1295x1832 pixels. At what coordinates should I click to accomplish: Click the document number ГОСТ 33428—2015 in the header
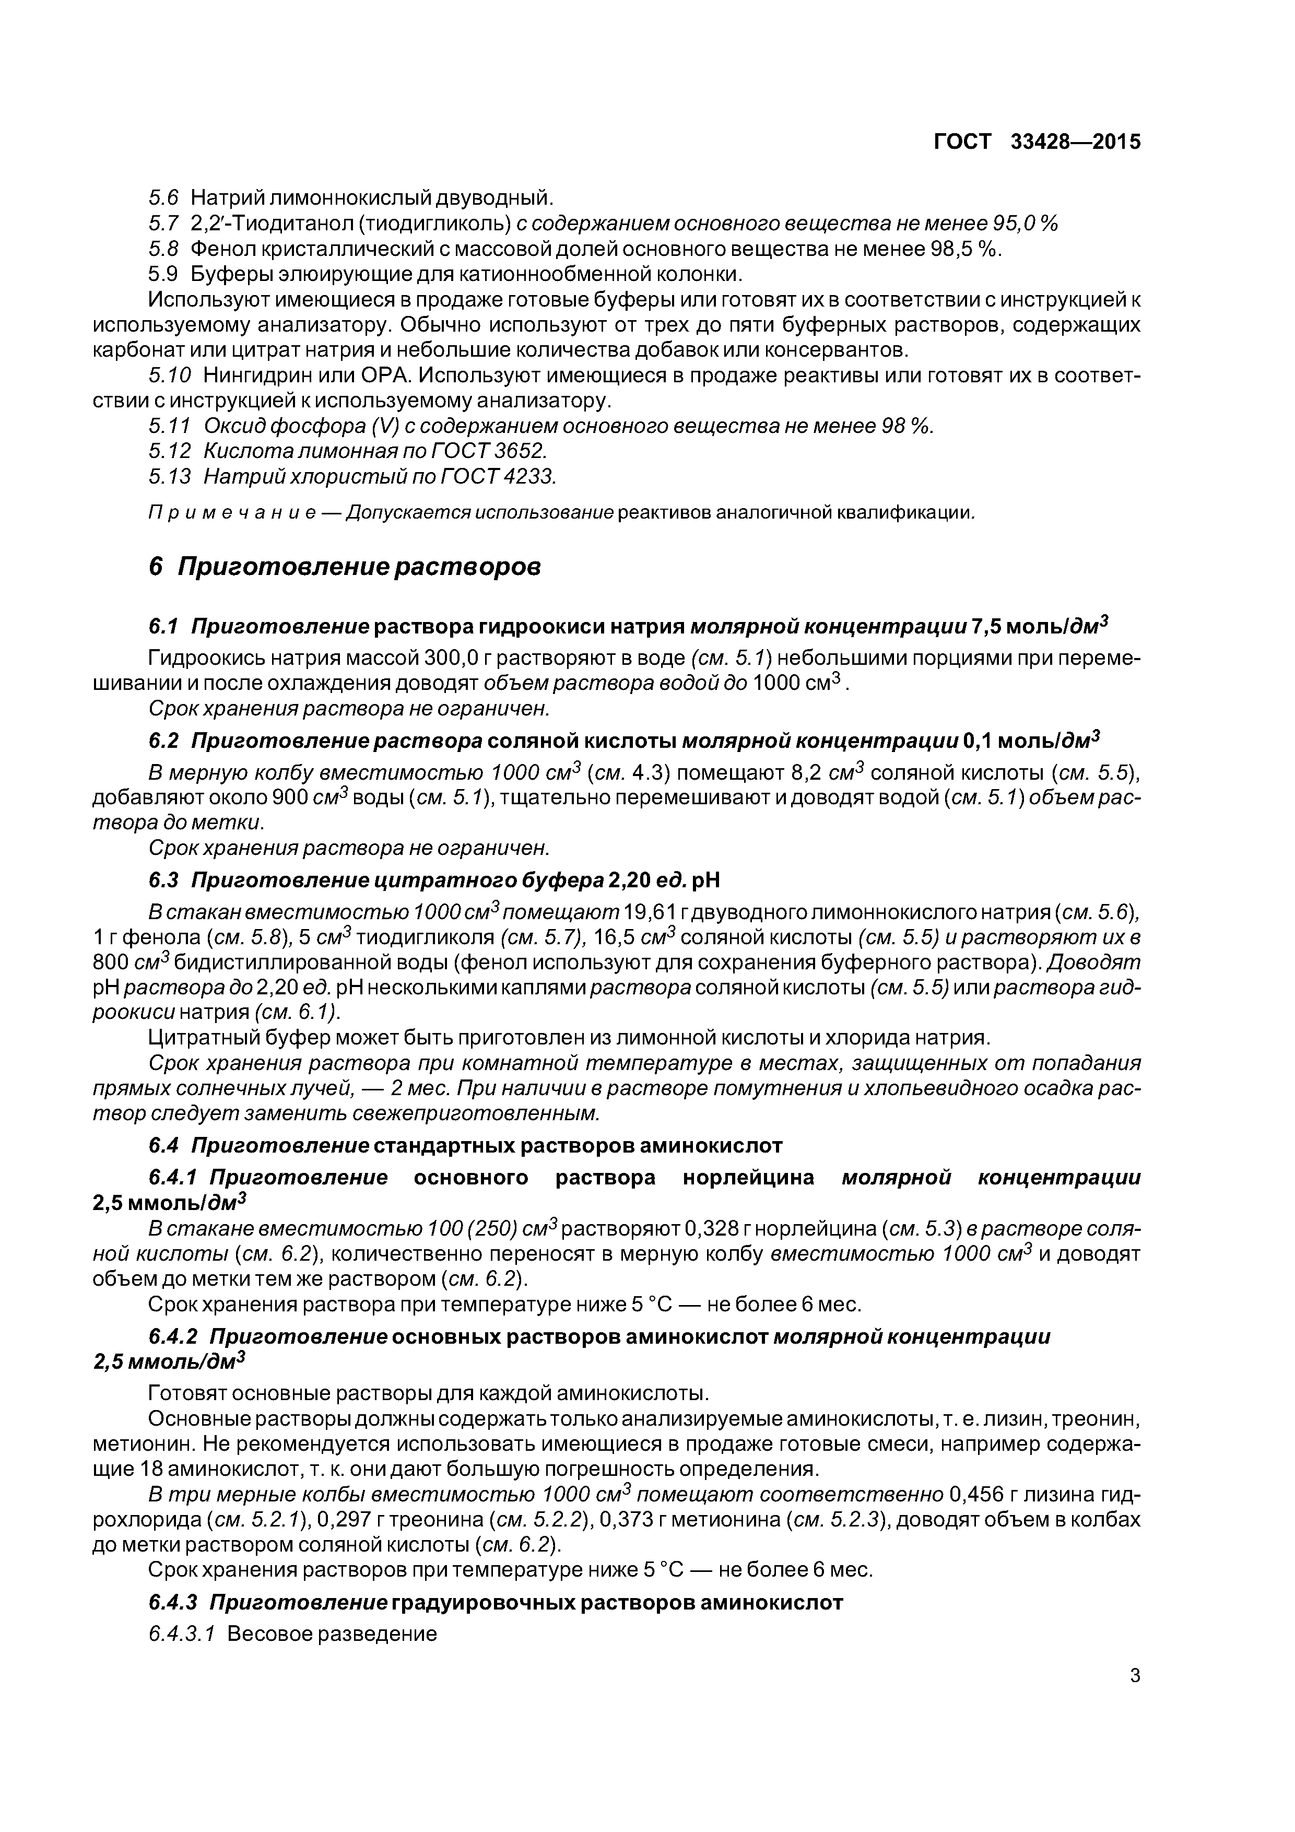pyautogui.click(x=1037, y=142)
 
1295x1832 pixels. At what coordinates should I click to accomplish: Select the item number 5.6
pyautogui.click(x=163, y=197)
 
